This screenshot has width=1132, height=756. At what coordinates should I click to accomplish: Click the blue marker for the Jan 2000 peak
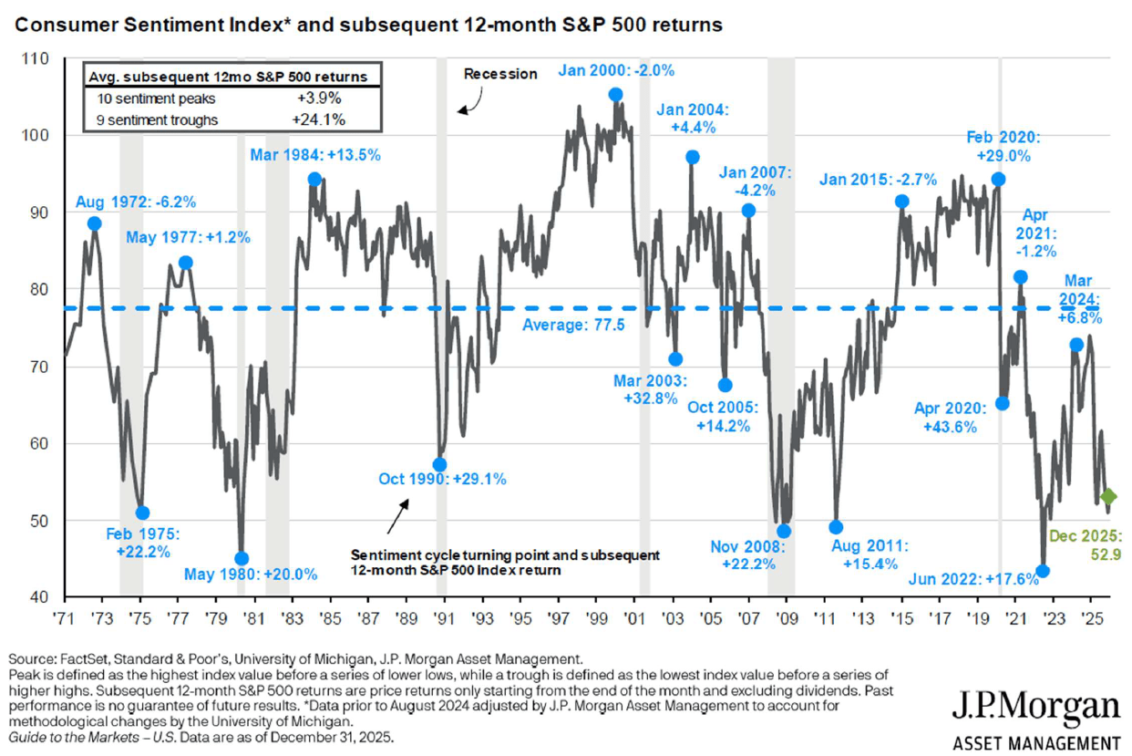click(x=615, y=95)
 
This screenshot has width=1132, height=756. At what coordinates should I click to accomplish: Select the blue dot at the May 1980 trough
click(x=242, y=558)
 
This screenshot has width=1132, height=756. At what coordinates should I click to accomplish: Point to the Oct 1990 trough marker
click(x=439, y=464)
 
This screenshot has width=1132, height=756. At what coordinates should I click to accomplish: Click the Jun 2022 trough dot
click(x=1043, y=571)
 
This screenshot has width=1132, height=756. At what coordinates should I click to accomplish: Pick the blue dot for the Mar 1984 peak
click(x=314, y=179)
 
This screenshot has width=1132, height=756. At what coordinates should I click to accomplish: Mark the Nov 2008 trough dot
click(x=784, y=531)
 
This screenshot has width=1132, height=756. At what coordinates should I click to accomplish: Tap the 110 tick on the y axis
click(x=42, y=58)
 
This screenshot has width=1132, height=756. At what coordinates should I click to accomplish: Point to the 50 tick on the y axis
click(x=42, y=522)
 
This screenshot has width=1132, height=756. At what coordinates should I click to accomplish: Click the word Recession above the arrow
click(x=500, y=74)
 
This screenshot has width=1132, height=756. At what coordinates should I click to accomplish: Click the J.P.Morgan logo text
click(x=1035, y=708)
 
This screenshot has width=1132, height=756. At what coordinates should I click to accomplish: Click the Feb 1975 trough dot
click(x=141, y=513)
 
